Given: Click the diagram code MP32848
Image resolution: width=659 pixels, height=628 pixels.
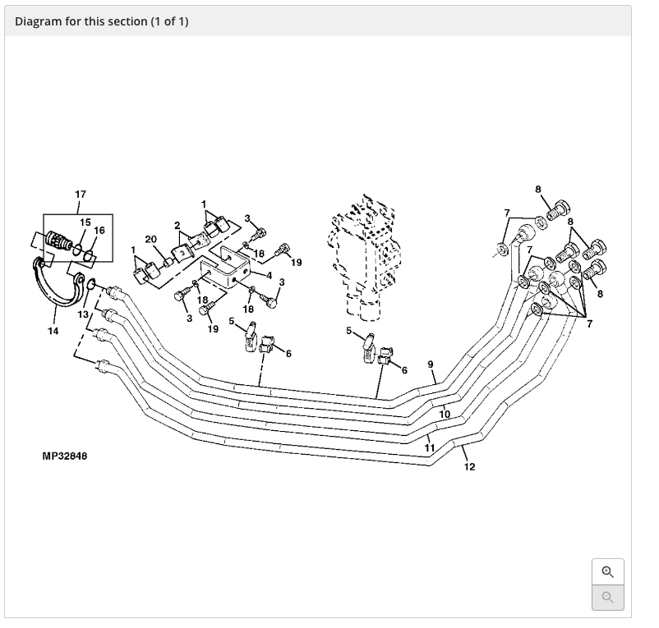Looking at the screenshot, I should point(64,456).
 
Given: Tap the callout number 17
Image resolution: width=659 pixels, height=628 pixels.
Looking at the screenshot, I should point(80,195).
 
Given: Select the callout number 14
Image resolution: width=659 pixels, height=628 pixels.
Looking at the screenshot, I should point(53,331).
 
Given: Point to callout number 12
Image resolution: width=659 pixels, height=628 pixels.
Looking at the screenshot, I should point(469,467).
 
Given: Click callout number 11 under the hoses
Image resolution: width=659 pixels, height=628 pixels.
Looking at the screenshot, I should point(430,447).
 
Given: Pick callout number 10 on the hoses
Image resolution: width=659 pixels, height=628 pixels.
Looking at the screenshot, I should point(445,415).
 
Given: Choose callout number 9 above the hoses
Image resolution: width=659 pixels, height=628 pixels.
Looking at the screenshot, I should point(431,364).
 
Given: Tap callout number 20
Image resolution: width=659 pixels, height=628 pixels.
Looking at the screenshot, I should point(150,239).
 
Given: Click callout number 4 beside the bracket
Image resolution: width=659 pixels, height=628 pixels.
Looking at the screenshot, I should point(269,274).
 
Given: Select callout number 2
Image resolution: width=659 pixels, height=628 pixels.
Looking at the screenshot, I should point(177,225).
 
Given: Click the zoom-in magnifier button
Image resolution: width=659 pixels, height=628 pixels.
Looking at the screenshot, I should point(607,572).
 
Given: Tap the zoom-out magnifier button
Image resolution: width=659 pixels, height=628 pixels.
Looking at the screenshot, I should point(607,597).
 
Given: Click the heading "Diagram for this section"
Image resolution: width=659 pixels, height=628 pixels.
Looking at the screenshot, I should point(101,21).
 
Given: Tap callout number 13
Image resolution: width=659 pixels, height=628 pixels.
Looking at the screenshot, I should point(82,314).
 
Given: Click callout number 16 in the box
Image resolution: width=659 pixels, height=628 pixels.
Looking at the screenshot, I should point(99,230).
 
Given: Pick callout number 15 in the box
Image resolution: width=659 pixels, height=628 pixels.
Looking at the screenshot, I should point(85,222).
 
